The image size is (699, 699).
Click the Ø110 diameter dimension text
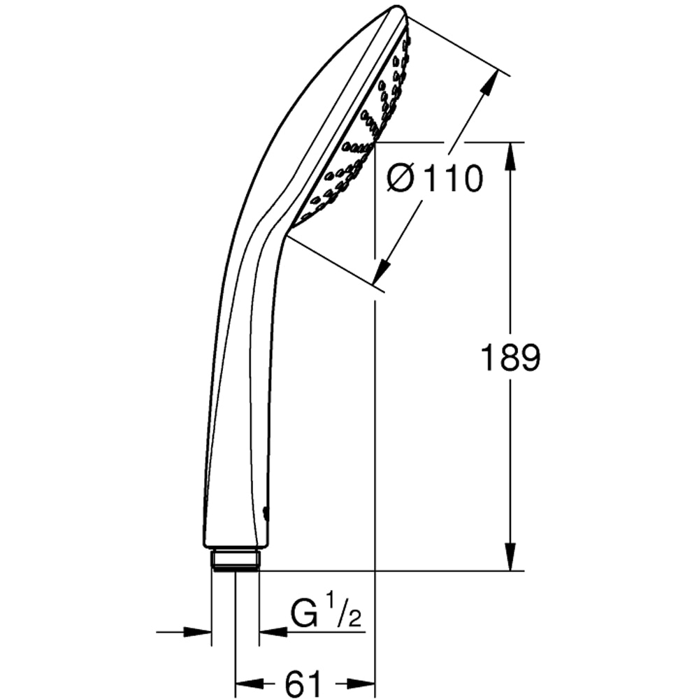[435, 180]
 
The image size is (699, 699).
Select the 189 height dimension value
[511, 359]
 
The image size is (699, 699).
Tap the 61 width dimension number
[305, 682]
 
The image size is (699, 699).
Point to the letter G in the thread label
[303, 616]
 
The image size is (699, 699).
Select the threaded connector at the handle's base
[236, 559]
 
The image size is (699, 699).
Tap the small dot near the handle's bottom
[266, 513]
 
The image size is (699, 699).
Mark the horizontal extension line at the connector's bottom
[391, 571]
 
